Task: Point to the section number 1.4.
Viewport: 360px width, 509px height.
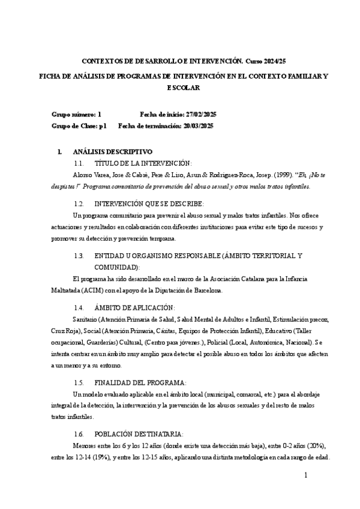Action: [x=78, y=307]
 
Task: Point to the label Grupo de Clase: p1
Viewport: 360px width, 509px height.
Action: [x=79, y=125]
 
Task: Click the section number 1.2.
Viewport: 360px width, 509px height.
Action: [x=78, y=203]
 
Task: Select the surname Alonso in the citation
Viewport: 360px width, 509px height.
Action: [x=82, y=175]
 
